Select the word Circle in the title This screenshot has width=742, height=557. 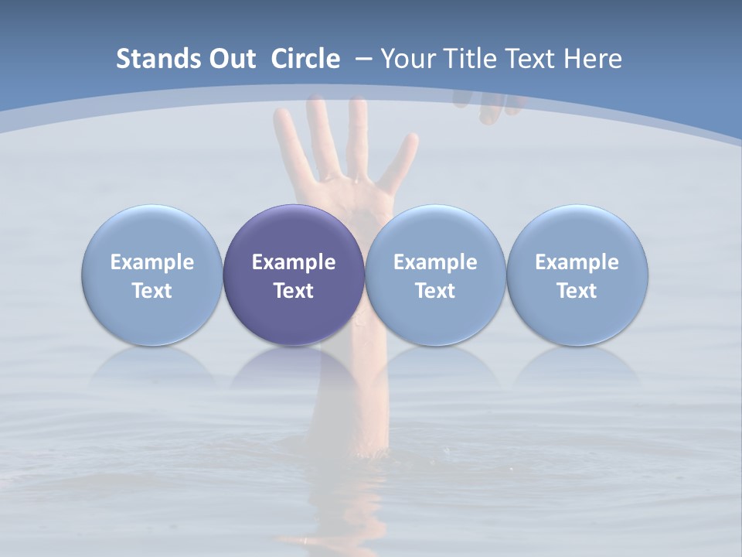[x=305, y=59]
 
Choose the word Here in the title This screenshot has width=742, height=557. [x=595, y=59]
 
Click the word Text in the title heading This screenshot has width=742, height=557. [x=532, y=59]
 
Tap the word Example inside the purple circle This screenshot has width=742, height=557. [x=294, y=262]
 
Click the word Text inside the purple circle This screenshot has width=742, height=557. [x=294, y=291]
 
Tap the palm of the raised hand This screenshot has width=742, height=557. [x=352, y=193]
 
